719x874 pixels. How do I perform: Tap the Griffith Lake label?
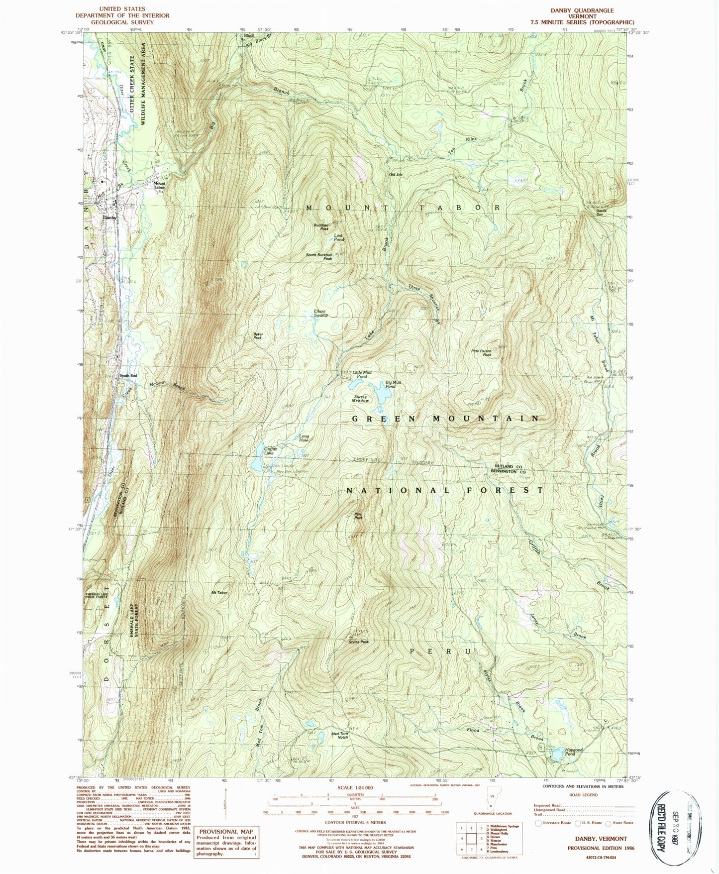(269, 451)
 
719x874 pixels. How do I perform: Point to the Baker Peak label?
(257, 336)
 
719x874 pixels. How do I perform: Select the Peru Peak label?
(358, 516)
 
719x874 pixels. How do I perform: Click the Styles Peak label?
(358, 642)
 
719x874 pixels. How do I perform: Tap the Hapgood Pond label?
(570, 752)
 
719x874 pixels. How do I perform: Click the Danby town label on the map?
(109, 218)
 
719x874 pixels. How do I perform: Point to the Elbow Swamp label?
(320, 314)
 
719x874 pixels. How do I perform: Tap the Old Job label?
(395, 175)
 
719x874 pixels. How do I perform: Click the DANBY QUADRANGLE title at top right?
(582, 10)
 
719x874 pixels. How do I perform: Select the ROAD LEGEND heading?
(583, 795)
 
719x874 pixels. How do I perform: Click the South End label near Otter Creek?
(128, 376)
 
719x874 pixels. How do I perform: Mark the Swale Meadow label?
(361, 399)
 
